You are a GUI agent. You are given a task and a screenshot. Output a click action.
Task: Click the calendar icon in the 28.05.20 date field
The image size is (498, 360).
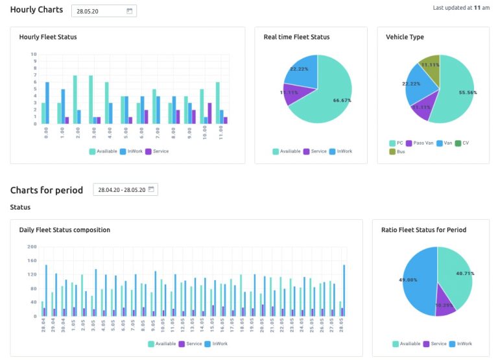coord(129,11)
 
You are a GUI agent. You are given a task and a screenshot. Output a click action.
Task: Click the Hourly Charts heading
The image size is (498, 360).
coord(37,10)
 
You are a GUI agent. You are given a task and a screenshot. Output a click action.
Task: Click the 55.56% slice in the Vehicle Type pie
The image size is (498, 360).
coord(454,94)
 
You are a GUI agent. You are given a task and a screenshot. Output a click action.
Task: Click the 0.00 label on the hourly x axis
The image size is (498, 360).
coord(45,132)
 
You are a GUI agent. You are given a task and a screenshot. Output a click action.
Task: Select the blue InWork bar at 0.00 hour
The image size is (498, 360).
coord(47,102)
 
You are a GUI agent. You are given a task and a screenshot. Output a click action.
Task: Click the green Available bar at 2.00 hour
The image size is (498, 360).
coord(75,99)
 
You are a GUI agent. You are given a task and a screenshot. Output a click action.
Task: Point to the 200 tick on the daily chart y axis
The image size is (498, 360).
coord(32,246)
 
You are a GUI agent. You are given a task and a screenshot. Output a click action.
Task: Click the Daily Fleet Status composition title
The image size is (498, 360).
coord(64,230)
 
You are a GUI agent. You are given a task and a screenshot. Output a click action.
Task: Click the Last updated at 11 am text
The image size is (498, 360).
coord(461,8)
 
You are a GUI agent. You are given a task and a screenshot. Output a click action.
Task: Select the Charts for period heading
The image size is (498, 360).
coord(47,190)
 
